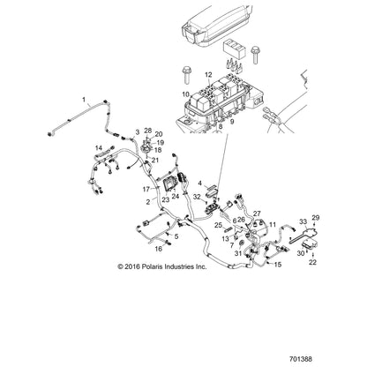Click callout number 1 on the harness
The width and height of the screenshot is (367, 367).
point(84,100)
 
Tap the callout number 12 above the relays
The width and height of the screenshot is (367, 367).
point(208,75)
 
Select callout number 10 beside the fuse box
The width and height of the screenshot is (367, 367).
point(185,94)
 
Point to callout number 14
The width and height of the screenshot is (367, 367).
point(99,147)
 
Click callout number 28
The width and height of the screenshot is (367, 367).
point(148,131)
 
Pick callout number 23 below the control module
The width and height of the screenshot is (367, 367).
point(166,199)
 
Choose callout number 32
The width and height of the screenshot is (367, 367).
point(197,197)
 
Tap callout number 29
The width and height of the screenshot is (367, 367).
point(316,218)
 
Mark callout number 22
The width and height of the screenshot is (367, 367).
point(312,262)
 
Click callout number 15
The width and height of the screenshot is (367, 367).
point(278,265)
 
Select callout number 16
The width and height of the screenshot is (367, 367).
point(159,249)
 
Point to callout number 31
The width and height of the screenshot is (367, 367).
point(238,253)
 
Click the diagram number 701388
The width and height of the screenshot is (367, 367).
point(301,359)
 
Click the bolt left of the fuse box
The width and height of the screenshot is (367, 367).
point(186,75)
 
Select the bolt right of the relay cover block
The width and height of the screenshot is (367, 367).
point(255,55)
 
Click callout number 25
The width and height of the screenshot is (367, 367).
point(218,225)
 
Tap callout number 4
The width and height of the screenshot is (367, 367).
point(199,183)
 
